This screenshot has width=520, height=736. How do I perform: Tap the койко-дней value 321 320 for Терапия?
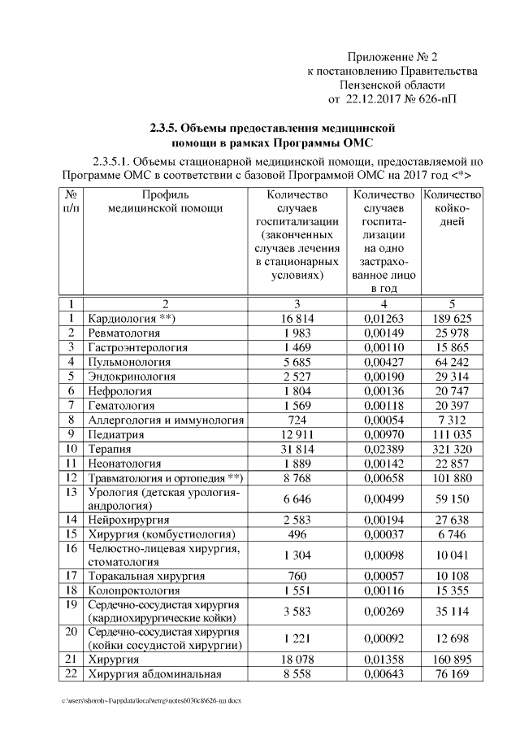[453, 449]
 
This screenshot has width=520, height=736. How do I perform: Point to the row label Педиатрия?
[116, 434]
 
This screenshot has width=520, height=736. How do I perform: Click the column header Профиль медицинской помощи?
[165, 201]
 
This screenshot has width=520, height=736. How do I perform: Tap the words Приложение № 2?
[392, 57]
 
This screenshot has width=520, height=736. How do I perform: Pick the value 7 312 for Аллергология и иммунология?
[453, 420]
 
